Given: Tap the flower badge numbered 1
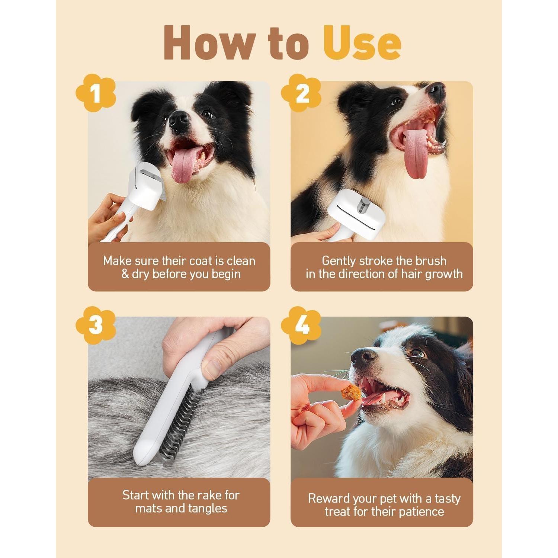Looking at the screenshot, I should point(96,93).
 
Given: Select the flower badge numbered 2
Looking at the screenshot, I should point(301,93).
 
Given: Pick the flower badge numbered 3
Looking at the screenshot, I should point(96,325).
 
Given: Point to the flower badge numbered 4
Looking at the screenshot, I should point(301,325).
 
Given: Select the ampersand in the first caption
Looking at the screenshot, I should point(125,274).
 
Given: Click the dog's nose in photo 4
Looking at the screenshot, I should point(363,357).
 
